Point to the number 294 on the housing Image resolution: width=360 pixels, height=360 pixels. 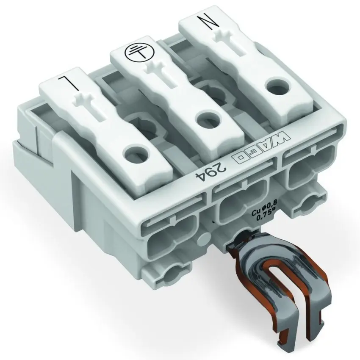tap(208, 173)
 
